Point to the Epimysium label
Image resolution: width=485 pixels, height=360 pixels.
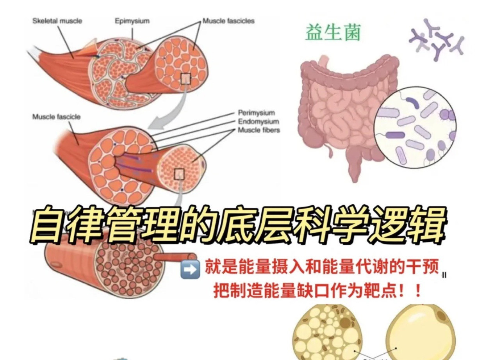click(132, 21)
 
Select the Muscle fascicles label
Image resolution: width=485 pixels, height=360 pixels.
click(228, 21)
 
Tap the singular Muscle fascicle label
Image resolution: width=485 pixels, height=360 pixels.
click(56, 117)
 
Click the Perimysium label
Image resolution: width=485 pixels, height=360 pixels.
click(256, 113)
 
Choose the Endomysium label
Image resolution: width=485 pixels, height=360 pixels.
click(259, 121)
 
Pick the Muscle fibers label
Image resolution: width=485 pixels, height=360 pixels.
click(259, 130)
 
